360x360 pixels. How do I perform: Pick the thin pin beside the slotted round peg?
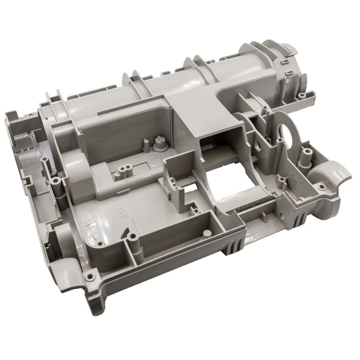tap(146, 144)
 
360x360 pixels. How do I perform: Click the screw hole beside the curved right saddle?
tap(321, 187)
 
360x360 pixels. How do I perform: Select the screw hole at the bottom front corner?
tap(89, 276)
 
